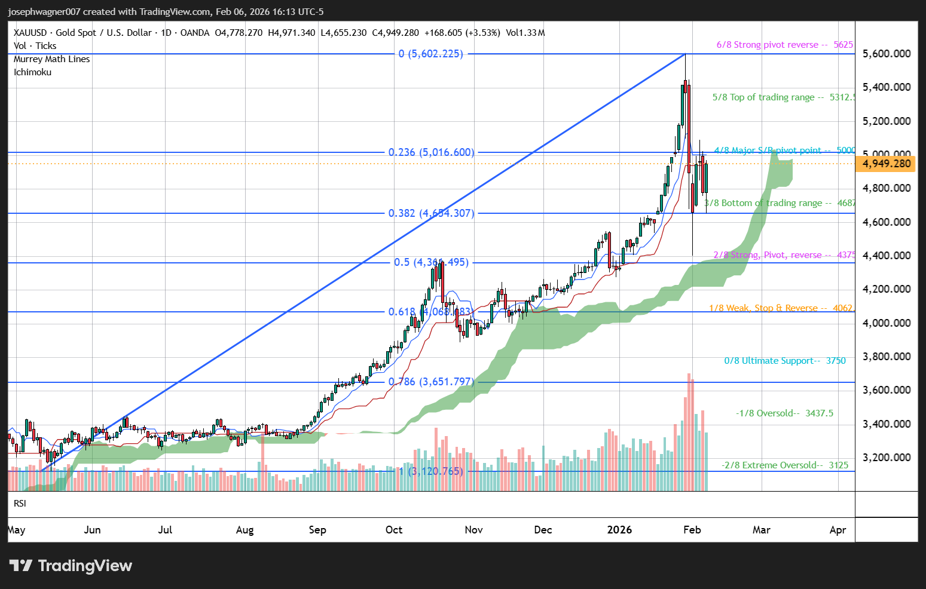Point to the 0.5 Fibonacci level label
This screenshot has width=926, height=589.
pos(431,262)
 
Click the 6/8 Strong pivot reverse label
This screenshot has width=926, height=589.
pos(784,45)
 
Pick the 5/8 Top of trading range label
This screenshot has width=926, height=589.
pos(783,97)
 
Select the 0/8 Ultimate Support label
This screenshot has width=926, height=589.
pos(784,361)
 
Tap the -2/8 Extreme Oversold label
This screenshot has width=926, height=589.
pos(784,465)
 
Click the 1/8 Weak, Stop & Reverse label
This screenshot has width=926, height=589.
pos(780,308)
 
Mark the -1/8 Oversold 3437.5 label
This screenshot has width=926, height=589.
pos(784,413)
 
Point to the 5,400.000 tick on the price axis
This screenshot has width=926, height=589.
pos(887,87)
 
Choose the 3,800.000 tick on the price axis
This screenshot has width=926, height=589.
pos(887,357)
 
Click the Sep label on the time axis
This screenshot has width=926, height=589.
pos(317,530)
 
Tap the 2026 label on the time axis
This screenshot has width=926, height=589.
pos(619,530)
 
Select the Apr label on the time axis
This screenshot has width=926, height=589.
pos(838,530)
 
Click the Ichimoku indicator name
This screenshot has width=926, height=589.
pos(33,72)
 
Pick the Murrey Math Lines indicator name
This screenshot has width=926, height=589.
pos(52,59)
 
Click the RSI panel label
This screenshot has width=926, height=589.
pos(20,504)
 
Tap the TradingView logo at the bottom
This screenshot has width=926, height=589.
pos(71,566)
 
